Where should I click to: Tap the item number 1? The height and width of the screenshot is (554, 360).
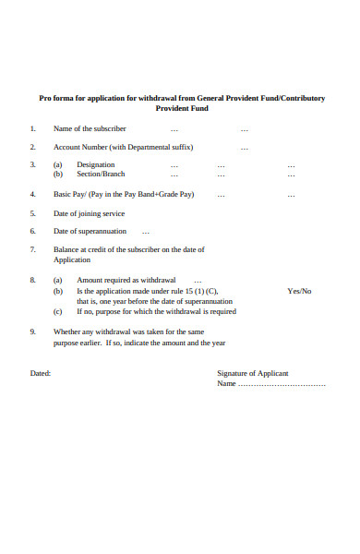32,128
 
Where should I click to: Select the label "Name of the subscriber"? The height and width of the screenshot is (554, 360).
90,128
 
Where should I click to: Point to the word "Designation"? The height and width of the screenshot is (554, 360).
96,164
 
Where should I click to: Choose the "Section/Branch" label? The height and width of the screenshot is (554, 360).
101,174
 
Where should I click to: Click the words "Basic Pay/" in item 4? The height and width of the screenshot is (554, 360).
70,195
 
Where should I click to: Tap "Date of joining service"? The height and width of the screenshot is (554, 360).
90,213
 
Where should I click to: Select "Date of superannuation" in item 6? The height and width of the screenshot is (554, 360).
90,231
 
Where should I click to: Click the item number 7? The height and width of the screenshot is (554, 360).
32,249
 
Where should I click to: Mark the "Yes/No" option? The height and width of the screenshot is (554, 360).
299,291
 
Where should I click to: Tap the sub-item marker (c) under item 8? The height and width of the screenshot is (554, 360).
57,311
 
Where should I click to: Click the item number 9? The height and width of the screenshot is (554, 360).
32,331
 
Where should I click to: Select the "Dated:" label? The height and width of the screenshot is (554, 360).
41,374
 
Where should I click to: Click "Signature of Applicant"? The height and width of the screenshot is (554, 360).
252,374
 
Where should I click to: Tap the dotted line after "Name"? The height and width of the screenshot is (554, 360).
282,384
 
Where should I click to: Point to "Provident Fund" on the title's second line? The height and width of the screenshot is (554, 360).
181,108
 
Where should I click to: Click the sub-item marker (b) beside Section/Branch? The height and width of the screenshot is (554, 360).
57,174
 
